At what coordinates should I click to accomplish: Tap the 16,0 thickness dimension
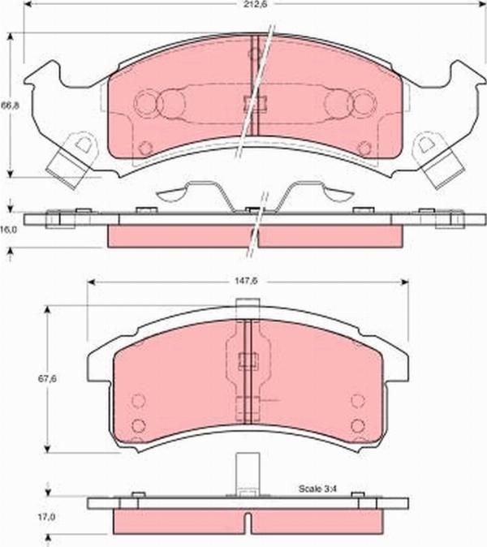(x=8, y=230)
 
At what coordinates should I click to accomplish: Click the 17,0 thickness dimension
(x=48, y=516)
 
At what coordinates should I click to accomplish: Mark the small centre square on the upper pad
(x=252, y=103)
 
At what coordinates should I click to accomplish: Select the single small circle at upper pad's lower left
(x=145, y=148)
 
